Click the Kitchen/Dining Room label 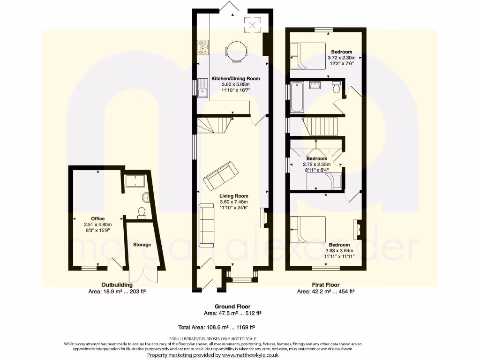[235, 78]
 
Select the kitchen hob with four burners [204, 45]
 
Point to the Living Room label [233, 196]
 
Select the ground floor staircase [214, 126]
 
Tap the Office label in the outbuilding [98, 218]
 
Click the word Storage [142, 245]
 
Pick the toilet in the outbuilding [141, 214]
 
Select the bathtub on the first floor [297, 97]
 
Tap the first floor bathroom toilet [336, 88]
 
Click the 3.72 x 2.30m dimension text [341, 58]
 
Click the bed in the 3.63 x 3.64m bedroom [308, 229]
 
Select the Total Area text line [216, 328]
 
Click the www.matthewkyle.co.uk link [251, 355]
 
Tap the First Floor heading [326, 285]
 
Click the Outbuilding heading [117, 285]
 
